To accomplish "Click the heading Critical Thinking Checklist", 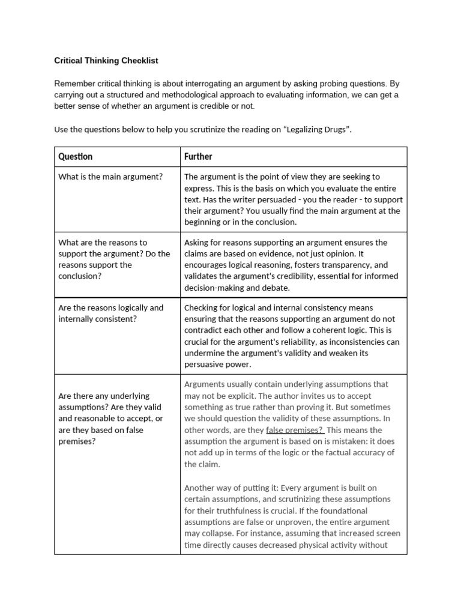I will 106,61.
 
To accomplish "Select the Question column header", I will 75,156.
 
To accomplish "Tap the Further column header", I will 198,156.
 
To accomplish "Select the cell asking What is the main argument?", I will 110,177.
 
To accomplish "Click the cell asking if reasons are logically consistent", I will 110,313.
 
